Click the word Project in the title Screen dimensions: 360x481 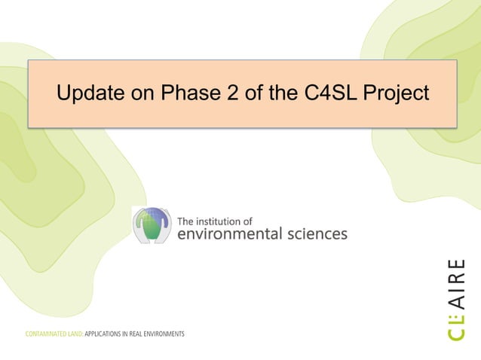coord(397,94)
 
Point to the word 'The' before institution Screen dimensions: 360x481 coord(186,221)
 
